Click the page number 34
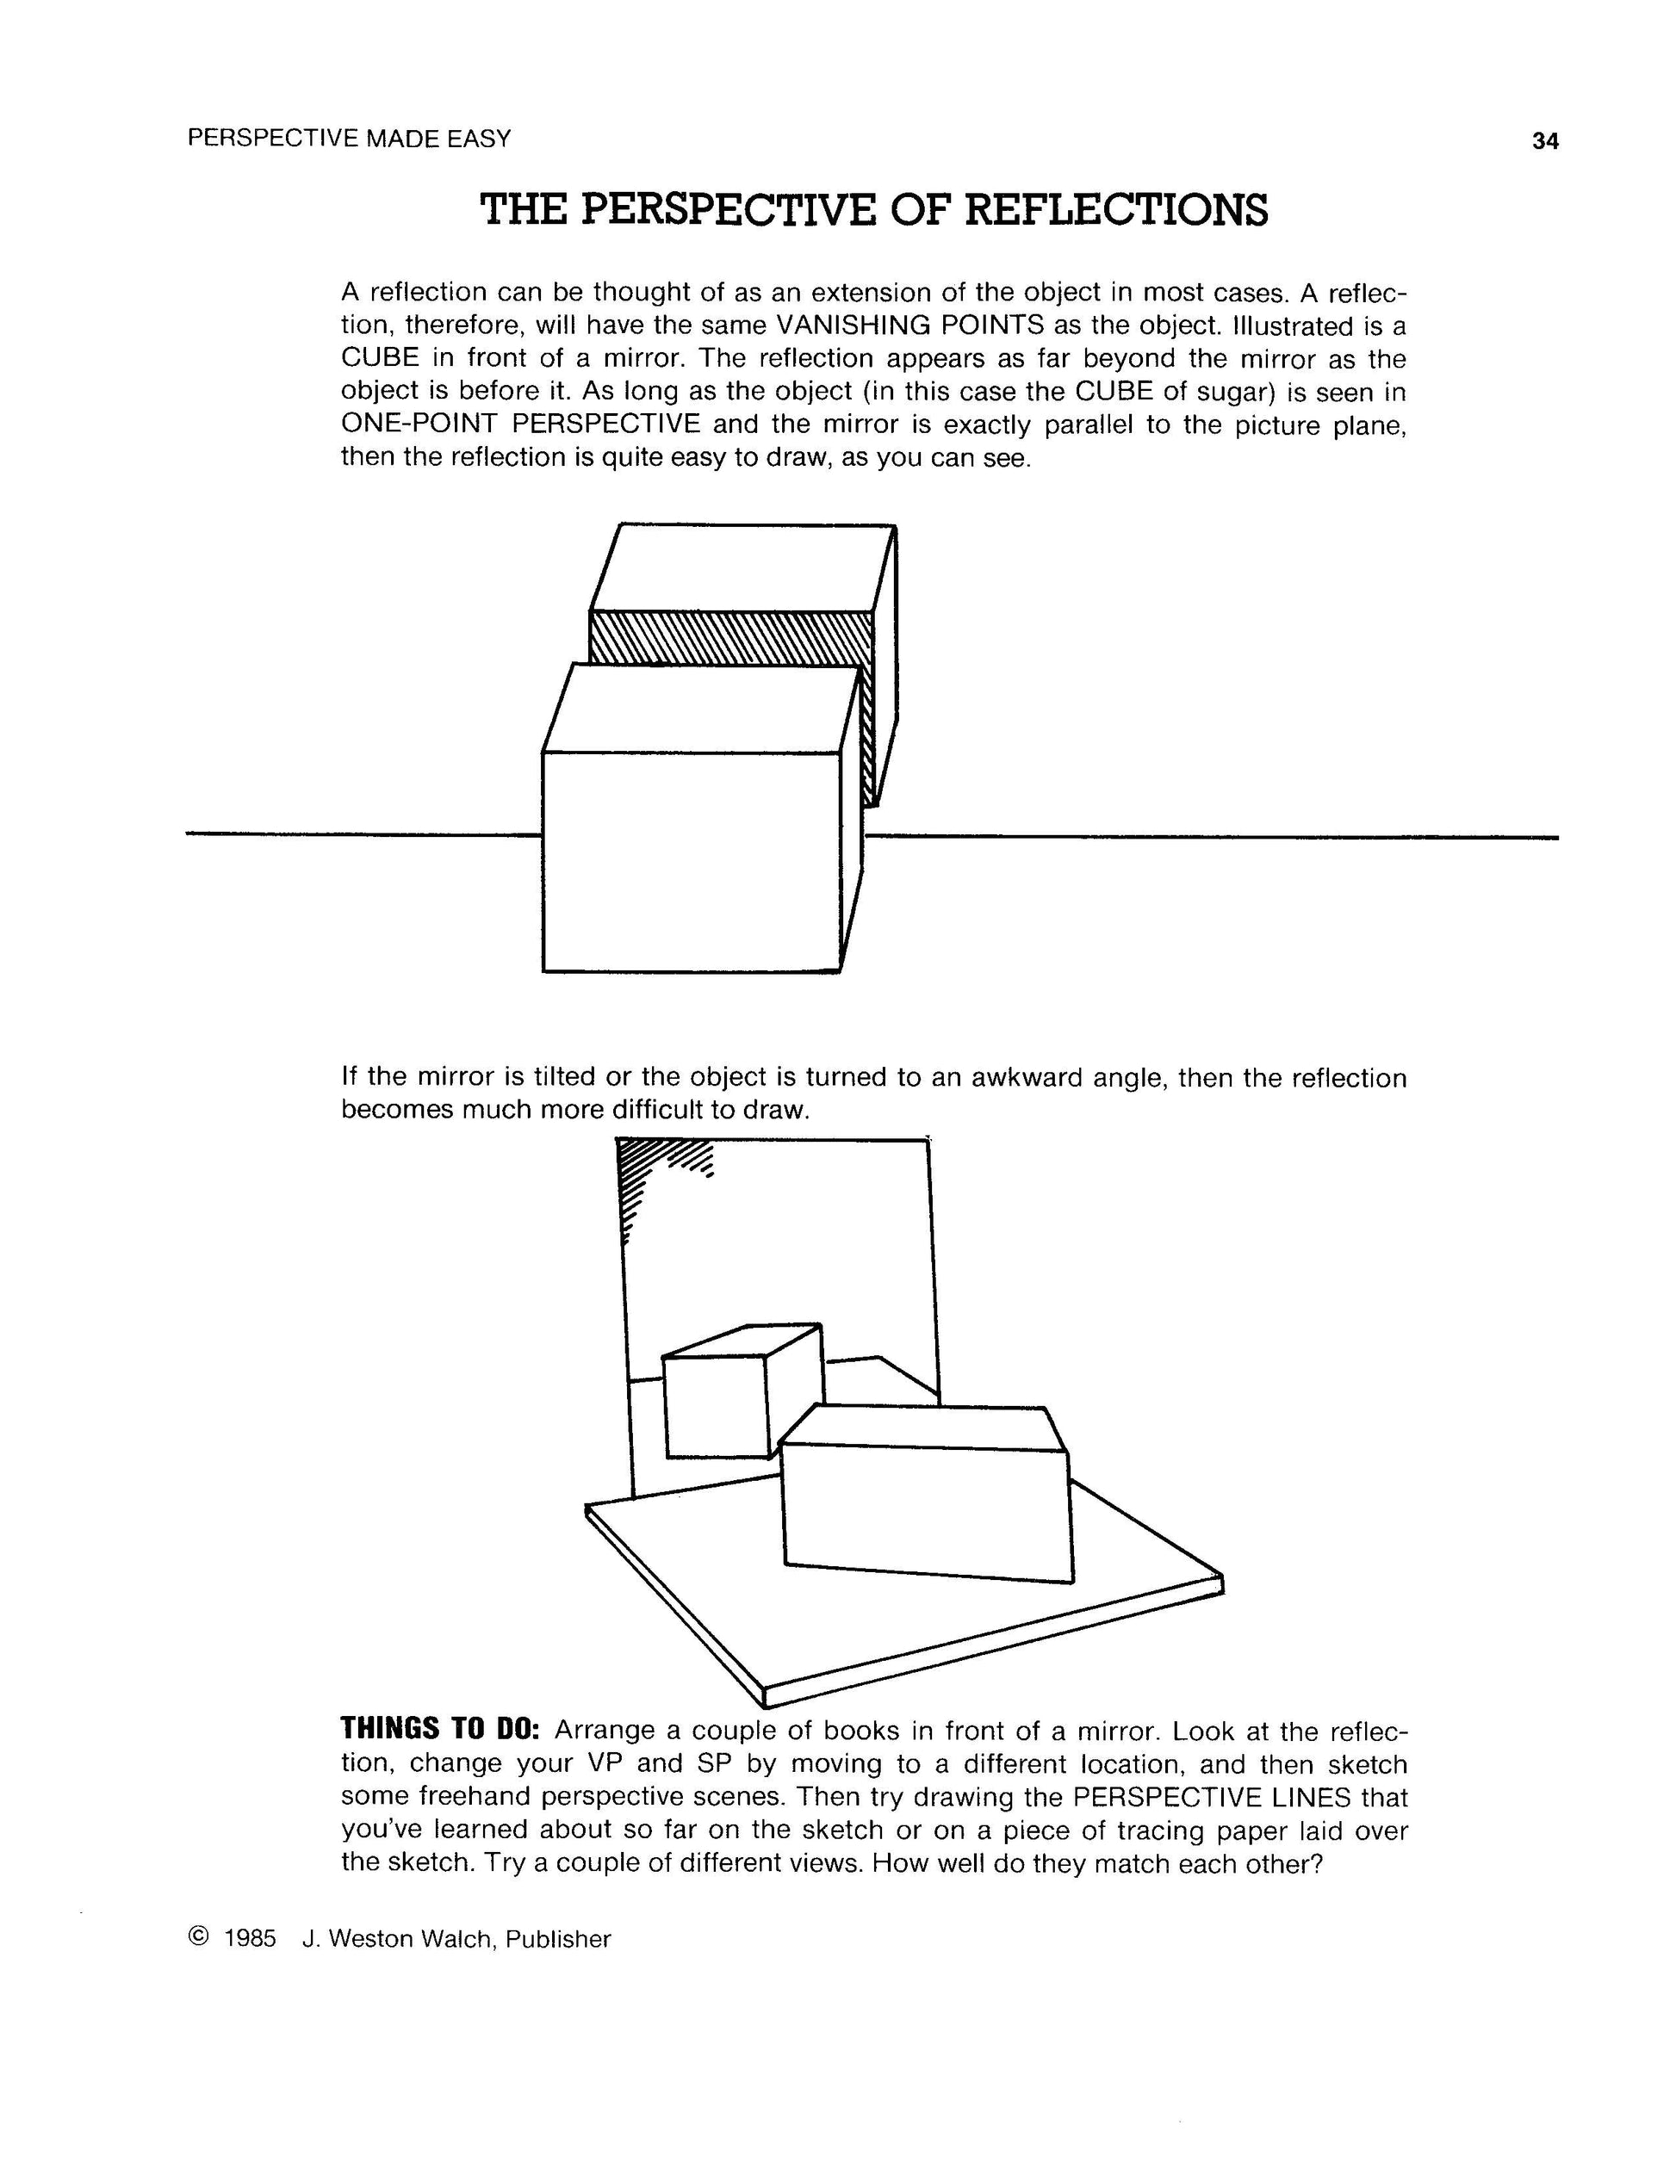click(x=1545, y=141)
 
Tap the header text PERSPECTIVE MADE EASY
click(x=349, y=138)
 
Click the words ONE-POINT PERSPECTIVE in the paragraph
click(x=520, y=424)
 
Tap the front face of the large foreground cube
click(x=691, y=861)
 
